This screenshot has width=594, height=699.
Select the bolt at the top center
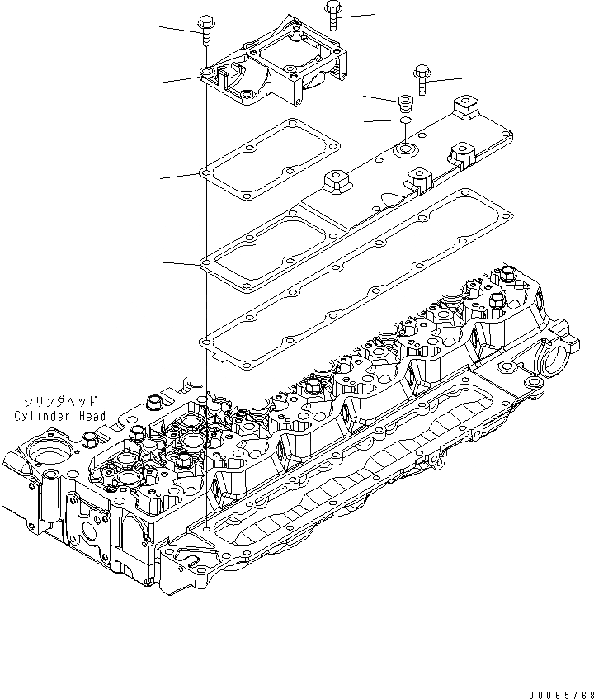[332, 14]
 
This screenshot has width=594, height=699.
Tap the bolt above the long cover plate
[422, 79]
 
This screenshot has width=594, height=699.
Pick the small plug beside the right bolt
[404, 103]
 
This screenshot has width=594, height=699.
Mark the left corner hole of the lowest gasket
[205, 341]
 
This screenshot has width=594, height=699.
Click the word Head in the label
[92, 416]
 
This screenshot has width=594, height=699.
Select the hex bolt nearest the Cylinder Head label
[153, 404]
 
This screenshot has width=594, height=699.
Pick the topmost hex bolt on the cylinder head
[507, 273]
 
